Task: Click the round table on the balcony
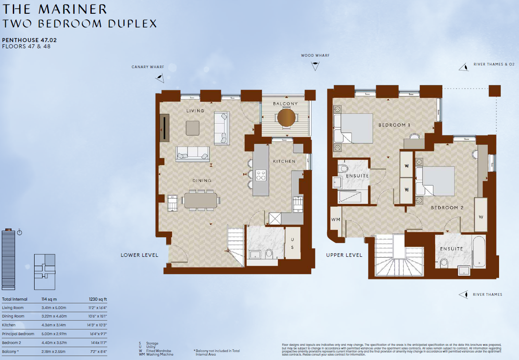point(286,117)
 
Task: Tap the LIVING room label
point(195,111)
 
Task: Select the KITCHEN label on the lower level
point(284,161)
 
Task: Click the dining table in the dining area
point(201,200)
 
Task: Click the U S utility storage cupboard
point(293,244)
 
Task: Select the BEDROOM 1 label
point(394,125)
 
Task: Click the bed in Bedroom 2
point(436,181)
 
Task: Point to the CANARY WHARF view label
point(148,67)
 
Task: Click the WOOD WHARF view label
point(315,56)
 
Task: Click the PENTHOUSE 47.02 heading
point(29,40)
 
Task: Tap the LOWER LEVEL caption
point(139,255)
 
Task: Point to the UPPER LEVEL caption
point(344,255)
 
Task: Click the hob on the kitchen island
point(261,175)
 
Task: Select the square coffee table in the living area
point(192,128)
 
